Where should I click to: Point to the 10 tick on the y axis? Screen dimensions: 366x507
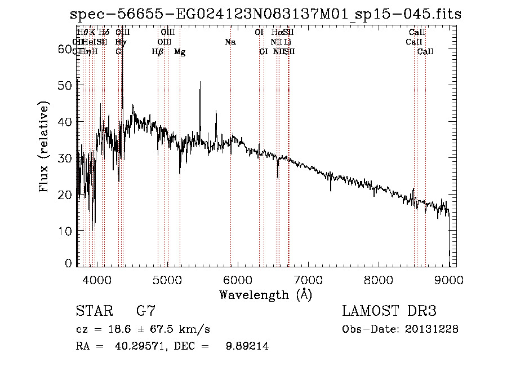tap(67, 231)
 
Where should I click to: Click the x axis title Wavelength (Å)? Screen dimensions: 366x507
tap(265, 294)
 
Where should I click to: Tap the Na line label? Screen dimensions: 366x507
tap(230, 42)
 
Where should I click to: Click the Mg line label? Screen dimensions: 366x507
tap(180, 52)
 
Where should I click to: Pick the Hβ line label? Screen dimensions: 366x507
tap(158, 52)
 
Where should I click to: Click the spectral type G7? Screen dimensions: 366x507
tap(145, 312)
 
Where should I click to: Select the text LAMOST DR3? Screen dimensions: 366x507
tap(389, 312)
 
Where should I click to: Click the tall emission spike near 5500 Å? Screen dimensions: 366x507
tap(200, 83)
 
